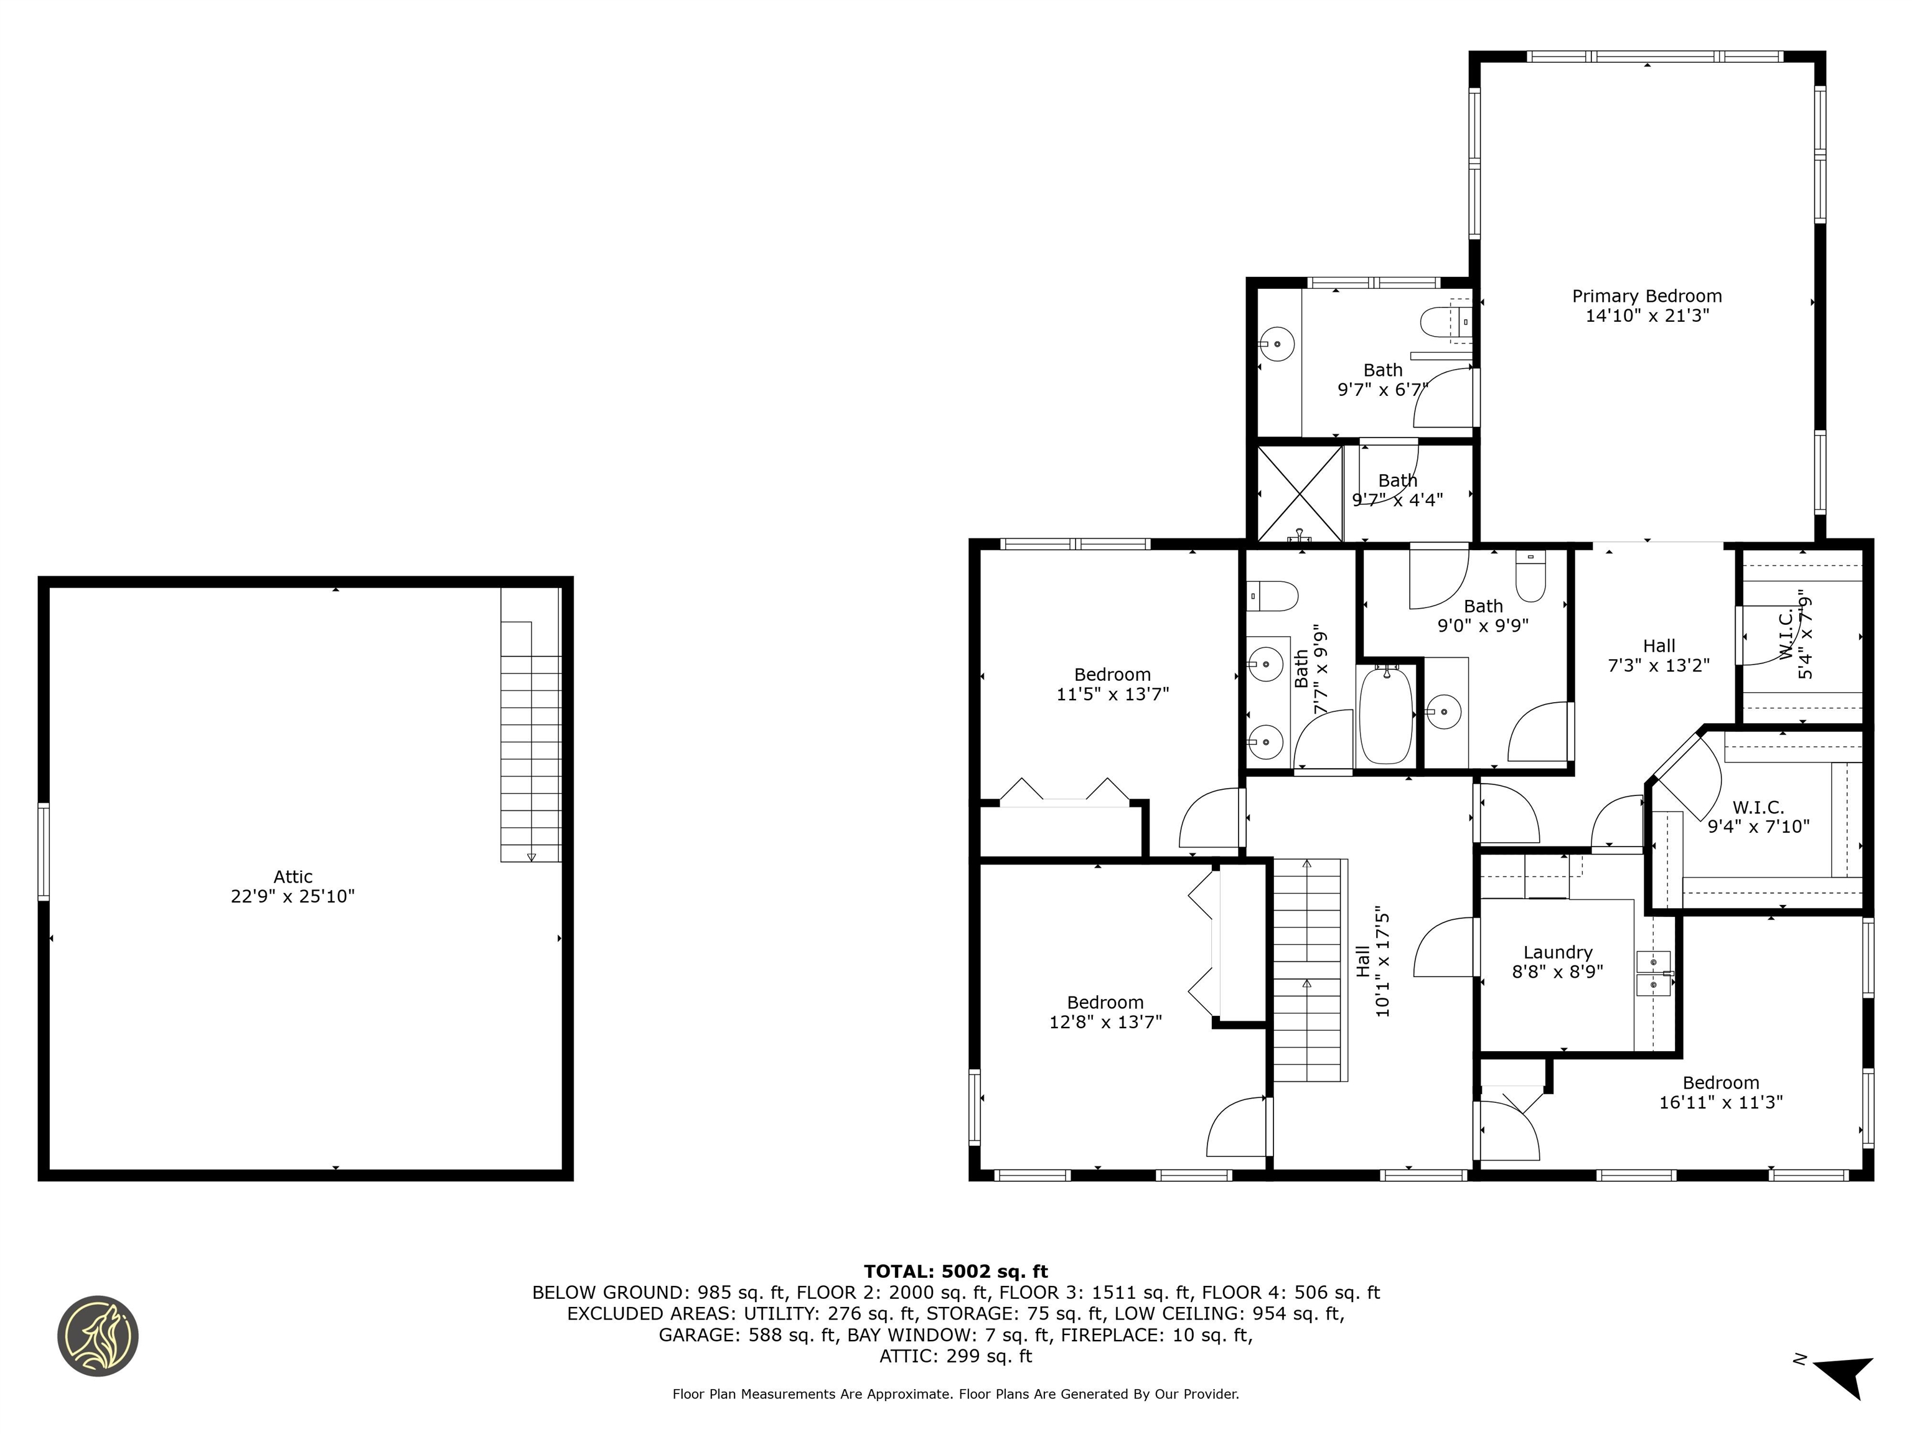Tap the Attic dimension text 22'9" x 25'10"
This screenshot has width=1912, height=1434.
[292, 896]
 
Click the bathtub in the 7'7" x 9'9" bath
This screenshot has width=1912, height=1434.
[1385, 716]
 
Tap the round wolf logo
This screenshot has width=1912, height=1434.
[98, 1336]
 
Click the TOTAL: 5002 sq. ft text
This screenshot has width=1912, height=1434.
[955, 1272]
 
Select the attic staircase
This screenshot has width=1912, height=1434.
[531, 743]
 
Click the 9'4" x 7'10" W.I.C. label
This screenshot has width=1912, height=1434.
[1758, 817]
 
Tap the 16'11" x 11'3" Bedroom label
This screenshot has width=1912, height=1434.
[1720, 1092]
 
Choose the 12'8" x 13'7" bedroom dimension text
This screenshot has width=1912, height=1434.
[1105, 1022]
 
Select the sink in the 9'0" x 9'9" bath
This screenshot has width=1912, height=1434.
[1443, 712]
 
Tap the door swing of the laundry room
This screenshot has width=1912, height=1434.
[1445, 949]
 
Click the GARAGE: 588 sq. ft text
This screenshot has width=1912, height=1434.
[747, 1336]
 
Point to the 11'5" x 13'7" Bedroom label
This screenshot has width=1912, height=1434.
[1112, 684]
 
